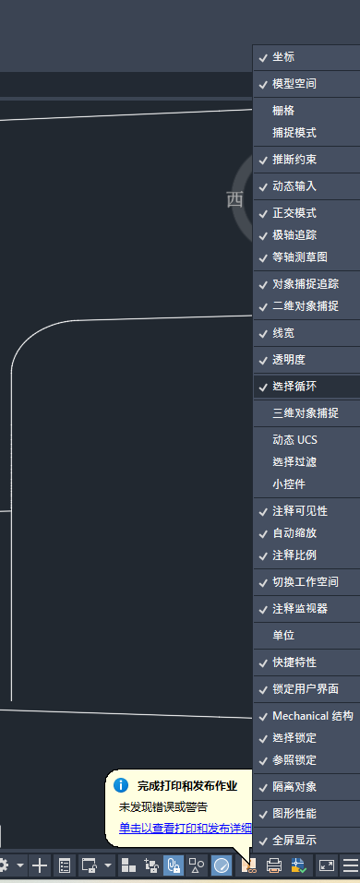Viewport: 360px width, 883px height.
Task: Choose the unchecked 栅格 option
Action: [283, 111]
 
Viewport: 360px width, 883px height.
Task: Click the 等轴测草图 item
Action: [299, 257]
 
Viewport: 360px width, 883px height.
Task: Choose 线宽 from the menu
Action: [283, 333]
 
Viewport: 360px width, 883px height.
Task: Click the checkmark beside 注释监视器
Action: [263, 609]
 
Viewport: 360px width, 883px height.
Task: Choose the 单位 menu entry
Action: [283, 636]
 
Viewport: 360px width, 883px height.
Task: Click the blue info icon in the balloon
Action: [121, 786]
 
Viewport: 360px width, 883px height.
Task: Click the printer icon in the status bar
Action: [274, 865]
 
